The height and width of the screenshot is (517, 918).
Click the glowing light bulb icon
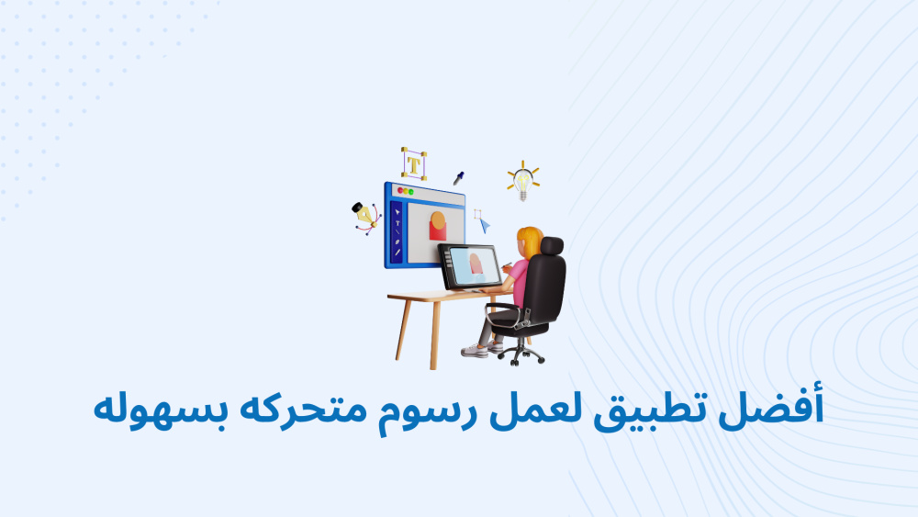[523, 181]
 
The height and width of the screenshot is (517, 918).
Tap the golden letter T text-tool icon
[414, 163]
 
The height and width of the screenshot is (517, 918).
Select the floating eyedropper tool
[458, 178]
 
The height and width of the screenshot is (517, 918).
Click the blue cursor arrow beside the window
[485, 225]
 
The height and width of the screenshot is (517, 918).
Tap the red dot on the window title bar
[400, 190]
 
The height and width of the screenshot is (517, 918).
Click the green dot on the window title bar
[411, 192]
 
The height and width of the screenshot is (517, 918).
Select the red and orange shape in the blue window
[437, 226]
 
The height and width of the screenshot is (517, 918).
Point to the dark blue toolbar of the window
[397, 231]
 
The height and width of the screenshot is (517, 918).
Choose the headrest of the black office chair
[552, 246]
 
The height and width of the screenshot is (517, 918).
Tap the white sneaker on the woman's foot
[475, 352]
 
